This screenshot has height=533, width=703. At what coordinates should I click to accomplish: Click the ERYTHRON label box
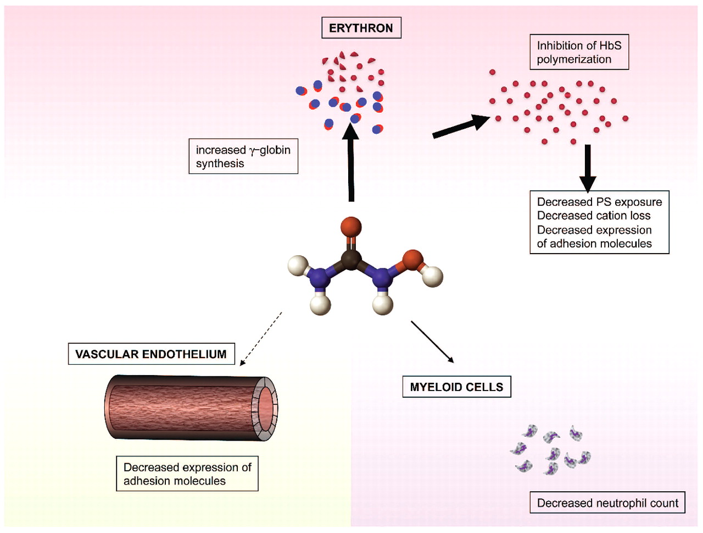tap(361, 28)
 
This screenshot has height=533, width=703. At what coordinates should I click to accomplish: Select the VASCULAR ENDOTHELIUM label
tap(151, 354)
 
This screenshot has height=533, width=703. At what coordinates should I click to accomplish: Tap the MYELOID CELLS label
tap(456, 387)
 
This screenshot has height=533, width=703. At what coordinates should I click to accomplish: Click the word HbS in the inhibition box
tap(610, 46)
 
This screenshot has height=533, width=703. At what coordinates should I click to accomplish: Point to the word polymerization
tap(574, 59)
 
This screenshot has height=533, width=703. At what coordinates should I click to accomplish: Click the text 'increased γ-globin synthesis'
tap(243, 157)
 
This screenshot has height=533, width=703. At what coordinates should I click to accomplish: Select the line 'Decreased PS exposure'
tap(599, 202)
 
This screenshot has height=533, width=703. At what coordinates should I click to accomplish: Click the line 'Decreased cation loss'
tap(594, 216)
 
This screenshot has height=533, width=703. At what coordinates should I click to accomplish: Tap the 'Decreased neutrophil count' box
tap(607, 503)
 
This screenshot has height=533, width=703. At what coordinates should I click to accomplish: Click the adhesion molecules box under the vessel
tap(187, 474)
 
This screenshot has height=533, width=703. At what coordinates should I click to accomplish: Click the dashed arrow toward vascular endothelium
tap(261, 338)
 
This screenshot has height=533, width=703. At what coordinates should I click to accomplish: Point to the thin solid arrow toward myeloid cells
tap(432, 342)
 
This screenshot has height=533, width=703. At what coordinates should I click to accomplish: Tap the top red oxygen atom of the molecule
tap(351, 226)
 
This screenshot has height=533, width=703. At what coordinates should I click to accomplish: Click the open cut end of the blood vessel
tap(265, 408)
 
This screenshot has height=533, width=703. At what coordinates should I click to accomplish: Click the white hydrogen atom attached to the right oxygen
tap(433, 276)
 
